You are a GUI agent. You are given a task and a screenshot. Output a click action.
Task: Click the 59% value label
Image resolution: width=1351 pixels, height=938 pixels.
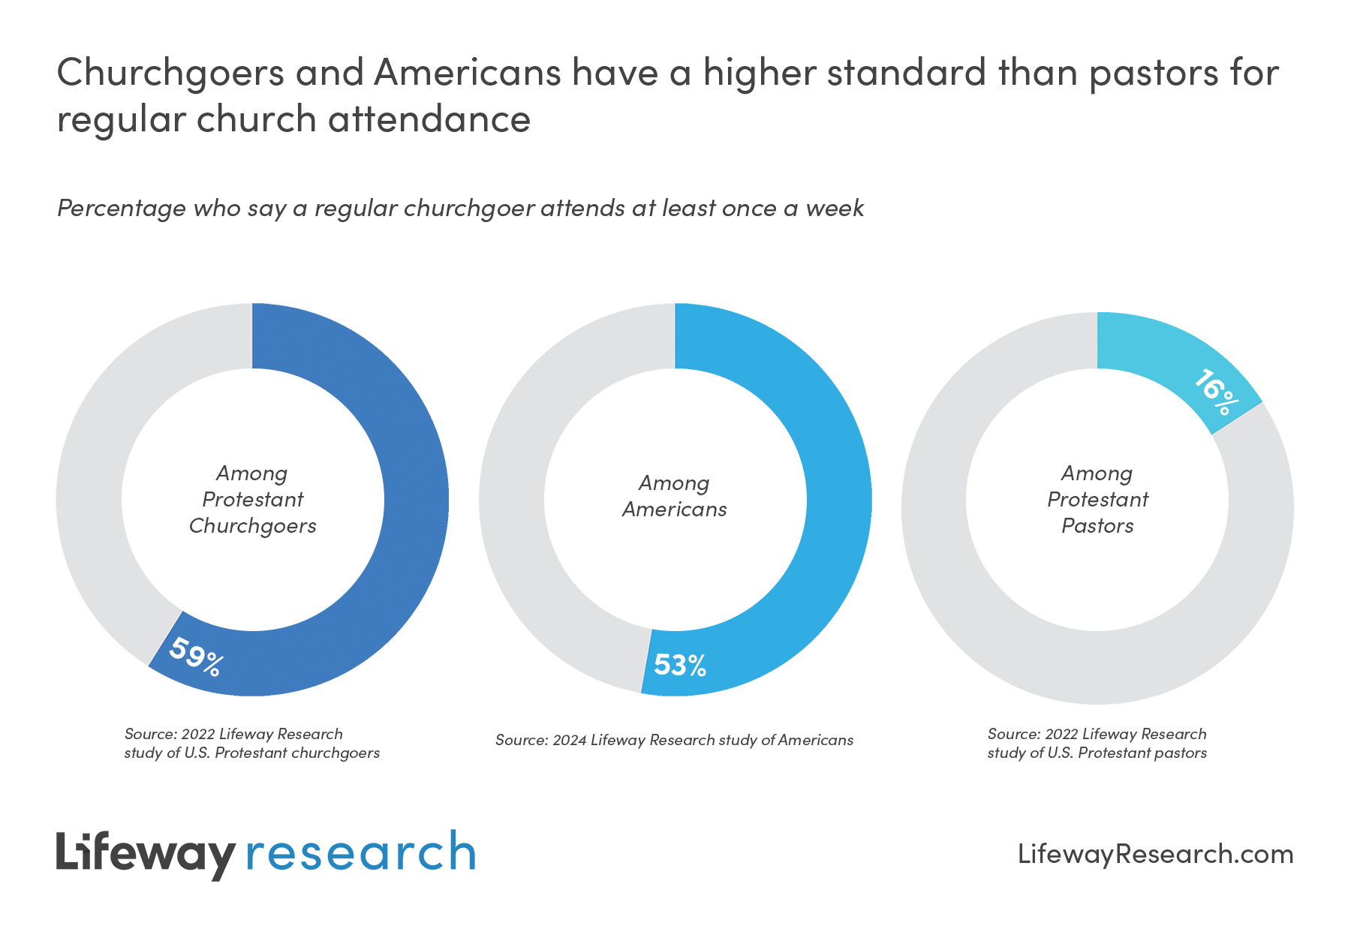[x=195, y=657]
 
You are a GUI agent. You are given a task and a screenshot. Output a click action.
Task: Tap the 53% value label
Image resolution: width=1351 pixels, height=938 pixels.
[x=680, y=665]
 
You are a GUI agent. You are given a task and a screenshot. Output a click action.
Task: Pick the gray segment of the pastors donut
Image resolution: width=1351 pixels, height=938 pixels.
[x=976, y=600]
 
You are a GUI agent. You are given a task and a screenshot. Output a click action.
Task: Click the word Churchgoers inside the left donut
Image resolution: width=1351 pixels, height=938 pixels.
[x=252, y=526]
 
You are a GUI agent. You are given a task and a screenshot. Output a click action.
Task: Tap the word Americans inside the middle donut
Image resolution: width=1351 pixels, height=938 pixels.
[x=674, y=510]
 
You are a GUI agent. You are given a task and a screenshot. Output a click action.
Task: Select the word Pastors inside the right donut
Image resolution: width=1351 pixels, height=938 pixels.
[x=1097, y=526]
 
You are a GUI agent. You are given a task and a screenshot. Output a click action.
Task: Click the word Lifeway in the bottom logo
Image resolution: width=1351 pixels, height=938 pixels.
[x=146, y=853]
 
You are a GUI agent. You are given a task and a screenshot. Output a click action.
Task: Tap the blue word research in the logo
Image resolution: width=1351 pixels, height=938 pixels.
[x=361, y=853]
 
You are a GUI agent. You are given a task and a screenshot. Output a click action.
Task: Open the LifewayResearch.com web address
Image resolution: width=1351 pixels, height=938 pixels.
[x=1155, y=854]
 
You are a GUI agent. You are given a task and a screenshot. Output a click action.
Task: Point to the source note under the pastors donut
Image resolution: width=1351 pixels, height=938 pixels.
[x=1097, y=743]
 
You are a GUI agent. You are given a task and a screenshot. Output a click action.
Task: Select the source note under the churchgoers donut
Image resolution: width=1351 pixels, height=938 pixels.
[x=251, y=743]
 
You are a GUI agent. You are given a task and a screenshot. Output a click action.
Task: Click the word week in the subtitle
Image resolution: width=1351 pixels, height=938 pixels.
[x=835, y=208]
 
